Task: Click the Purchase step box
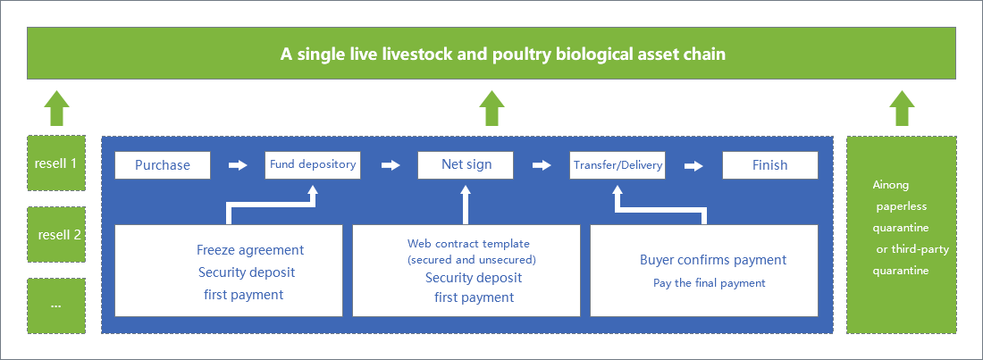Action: click(x=163, y=165)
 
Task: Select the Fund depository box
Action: click(x=313, y=165)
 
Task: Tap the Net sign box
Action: click(x=466, y=165)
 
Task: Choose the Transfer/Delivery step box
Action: click(x=618, y=165)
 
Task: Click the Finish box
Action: click(x=769, y=165)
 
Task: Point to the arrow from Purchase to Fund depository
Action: click(x=238, y=165)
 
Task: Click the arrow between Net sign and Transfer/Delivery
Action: click(x=542, y=165)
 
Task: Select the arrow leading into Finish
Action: click(x=693, y=165)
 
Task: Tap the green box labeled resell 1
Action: click(x=55, y=163)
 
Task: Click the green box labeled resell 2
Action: click(x=55, y=235)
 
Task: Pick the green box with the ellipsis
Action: click(x=55, y=306)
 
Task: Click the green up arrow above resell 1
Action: click(x=56, y=108)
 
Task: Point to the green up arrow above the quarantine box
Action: click(x=903, y=108)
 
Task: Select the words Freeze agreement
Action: click(x=250, y=249)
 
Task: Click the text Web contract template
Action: click(x=468, y=243)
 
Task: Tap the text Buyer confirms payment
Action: click(x=713, y=260)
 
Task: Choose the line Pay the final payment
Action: click(x=709, y=283)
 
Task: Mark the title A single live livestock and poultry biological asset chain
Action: click(x=503, y=54)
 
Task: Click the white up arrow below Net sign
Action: click(x=466, y=205)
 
